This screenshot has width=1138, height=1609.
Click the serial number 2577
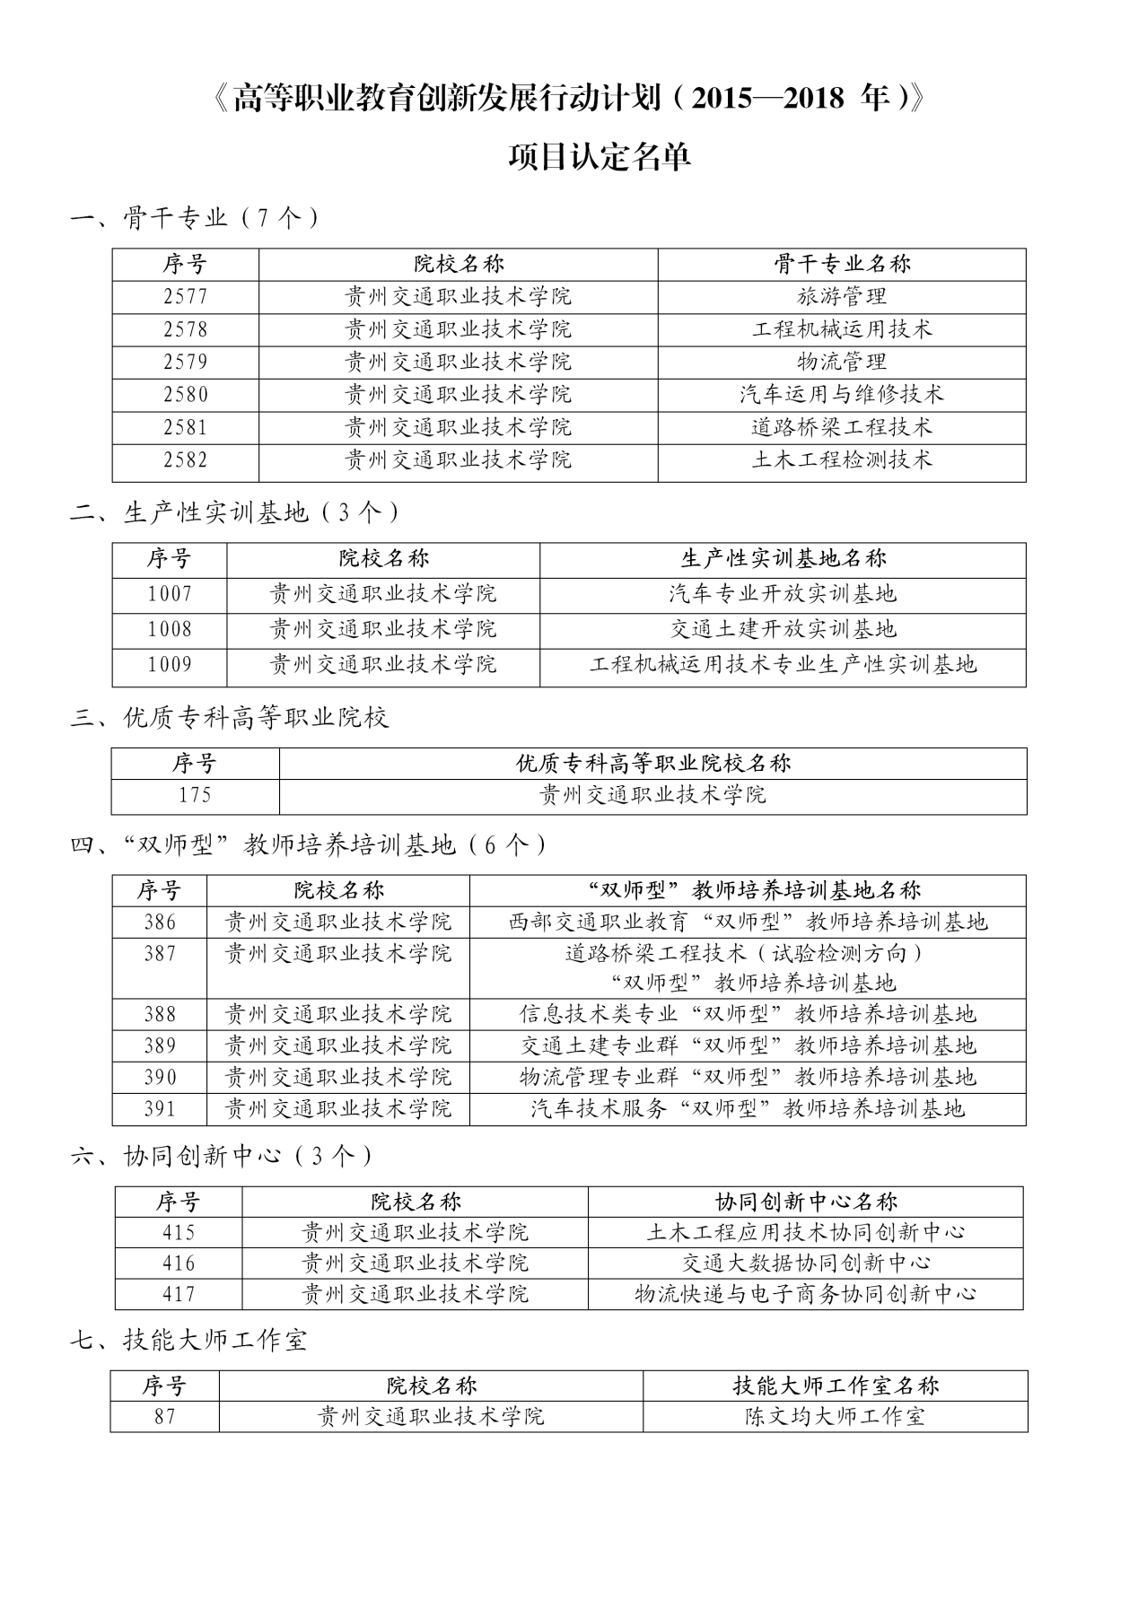(186, 297)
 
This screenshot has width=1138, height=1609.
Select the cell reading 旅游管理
(841, 297)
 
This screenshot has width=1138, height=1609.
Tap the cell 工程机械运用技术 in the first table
(841, 329)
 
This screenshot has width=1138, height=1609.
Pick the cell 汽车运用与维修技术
(841, 394)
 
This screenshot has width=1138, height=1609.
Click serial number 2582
(186, 460)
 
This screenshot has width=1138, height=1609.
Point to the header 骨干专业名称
(841, 264)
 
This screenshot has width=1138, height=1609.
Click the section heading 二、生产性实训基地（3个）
(235, 512)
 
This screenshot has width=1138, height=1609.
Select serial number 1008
(170, 629)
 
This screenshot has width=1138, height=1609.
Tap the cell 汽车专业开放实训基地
(782, 594)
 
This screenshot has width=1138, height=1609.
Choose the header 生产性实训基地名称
(782, 559)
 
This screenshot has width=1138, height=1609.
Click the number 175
(195, 795)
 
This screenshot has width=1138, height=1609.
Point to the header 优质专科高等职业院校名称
(652, 764)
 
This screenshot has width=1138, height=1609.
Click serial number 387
(160, 954)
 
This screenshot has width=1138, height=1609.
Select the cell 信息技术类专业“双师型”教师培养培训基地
(747, 1015)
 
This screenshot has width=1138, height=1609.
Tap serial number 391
(160, 1109)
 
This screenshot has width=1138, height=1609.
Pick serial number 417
(179, 1294)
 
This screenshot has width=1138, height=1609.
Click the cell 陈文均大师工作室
(835, 1417)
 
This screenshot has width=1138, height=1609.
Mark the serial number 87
(164, 1417)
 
